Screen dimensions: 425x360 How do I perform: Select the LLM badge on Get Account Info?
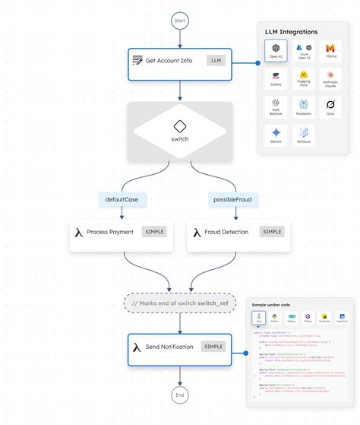(x=216, y=60)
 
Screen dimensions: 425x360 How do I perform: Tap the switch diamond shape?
(x=180, y=132)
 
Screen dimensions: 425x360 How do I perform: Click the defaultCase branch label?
(x=122, y=199)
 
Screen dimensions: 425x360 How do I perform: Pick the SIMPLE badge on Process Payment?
(x=154, y=232)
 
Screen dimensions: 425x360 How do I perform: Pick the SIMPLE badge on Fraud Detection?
(x=271, y=232)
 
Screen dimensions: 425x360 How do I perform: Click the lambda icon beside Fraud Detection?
(x=197, y=233)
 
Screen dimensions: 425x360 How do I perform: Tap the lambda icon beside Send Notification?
(x=136, y=347)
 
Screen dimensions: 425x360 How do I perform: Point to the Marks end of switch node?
(x=180, y=303)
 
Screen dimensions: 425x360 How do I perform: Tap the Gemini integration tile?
(x=276, y=135)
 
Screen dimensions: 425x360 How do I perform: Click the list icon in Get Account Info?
(x=137, y=60)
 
